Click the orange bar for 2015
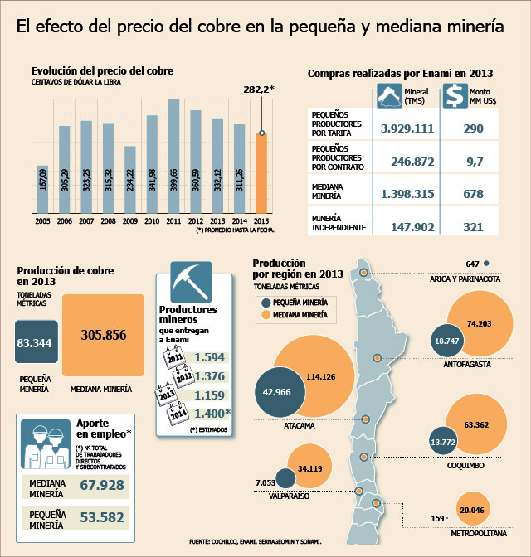[261, 173]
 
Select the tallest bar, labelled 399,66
[174, 156]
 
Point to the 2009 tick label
[130, 221]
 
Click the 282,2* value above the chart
[259, 90]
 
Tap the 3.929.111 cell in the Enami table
[407, 128]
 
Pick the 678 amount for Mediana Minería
[474, 194]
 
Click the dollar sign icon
[455, 95]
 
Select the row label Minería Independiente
[339, 223]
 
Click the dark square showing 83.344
[37, 341]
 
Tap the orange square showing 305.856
[103, 335]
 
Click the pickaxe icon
[191, 282]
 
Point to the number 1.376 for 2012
[209, 376]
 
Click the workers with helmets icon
[46, 444]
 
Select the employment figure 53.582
[102, 517]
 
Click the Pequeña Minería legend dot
[266, 303]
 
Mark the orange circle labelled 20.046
[472, 510]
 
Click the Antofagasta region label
[467, 365]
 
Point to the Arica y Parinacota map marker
[363, 273]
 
